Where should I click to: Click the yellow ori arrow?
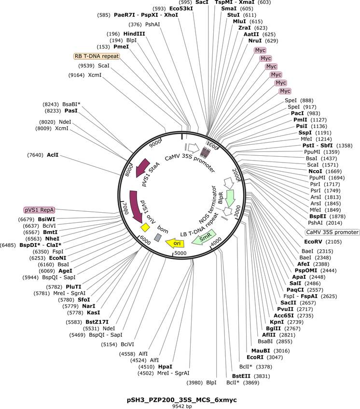click(175, 243)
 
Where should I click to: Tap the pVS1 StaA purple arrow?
click(142, 168)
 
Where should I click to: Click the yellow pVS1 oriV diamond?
click(145, 228)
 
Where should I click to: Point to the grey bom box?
click(158, 237)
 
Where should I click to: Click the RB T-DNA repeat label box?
click(97, 56)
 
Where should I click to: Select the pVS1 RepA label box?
click(39, 210)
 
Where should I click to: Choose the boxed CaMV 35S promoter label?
click(332, 232)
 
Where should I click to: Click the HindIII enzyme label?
click(134, 34)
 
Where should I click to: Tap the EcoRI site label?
click(255, 357)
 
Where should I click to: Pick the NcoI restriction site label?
click(315, 171)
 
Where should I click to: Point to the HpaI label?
click(165, 367)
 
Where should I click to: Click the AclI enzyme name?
click(53, 155)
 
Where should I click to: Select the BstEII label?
click(241, 376)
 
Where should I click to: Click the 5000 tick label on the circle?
click(180, 253)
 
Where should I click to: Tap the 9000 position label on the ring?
click(155, 143)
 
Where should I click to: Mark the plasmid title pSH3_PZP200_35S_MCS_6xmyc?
click(182, 400)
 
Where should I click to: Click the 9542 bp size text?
click(182, 407)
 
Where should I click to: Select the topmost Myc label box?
click(260, 50)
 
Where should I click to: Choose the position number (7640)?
click(35, 155)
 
